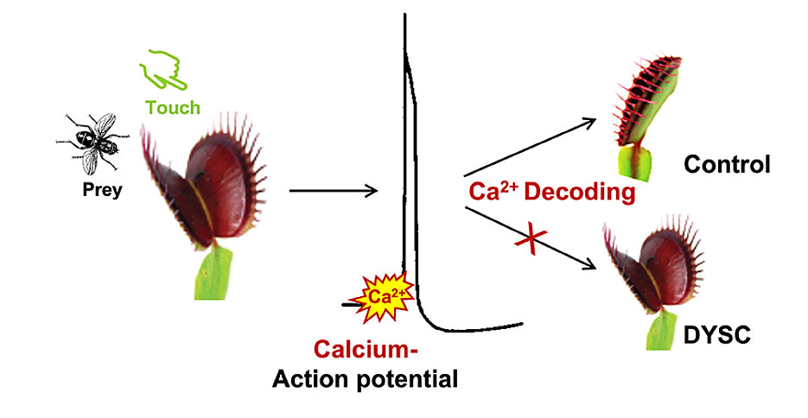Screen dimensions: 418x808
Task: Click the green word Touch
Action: [173, 108]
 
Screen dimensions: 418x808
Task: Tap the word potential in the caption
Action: [408, 378]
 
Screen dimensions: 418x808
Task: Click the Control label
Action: [725, 164]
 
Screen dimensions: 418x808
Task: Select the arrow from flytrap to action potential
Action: [333, 188]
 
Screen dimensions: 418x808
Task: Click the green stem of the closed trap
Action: [636, 161]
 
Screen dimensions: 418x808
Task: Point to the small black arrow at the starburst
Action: [350, 304]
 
